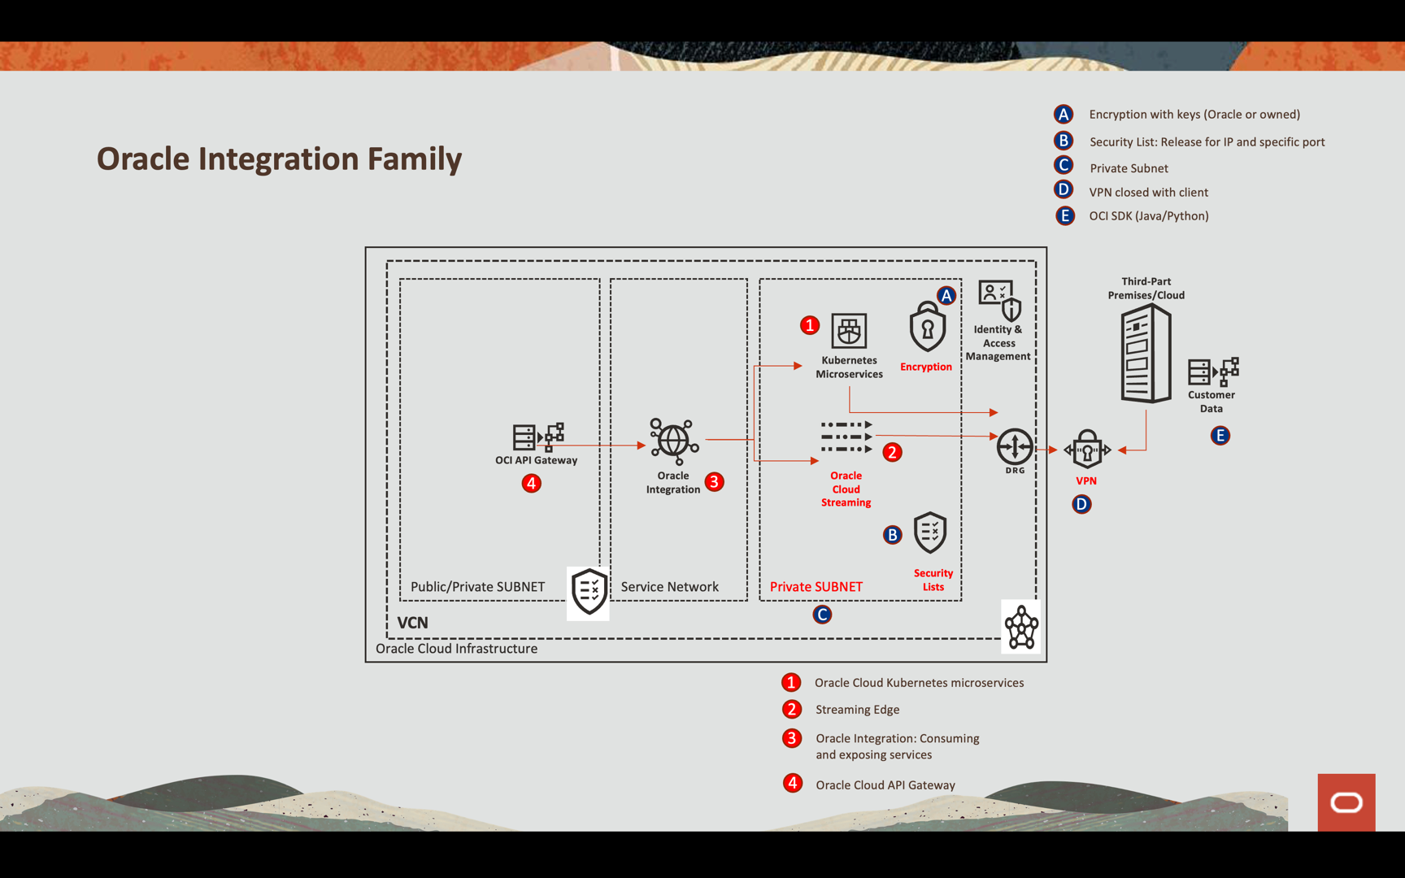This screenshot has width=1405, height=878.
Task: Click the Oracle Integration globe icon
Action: [673, 441]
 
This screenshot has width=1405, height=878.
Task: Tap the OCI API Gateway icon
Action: [537, 437]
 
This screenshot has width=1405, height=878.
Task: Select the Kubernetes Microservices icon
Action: [849, 331]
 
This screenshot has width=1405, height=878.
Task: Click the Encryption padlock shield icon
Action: [927, 328]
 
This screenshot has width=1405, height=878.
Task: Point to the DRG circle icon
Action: [1015, 446]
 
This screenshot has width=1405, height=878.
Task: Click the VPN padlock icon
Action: [1087, 450]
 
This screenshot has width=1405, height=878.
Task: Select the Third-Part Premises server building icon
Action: [1146, 354]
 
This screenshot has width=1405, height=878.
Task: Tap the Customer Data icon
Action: [1213, 372]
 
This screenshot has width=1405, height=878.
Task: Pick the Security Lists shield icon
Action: [930, 533]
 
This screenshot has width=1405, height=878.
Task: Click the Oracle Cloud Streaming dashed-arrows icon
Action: [846, 437]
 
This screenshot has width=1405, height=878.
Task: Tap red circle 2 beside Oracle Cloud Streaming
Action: [892, 452]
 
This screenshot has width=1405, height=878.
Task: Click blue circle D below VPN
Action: [1081, 505]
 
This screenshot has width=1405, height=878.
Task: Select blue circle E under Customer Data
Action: [1220, 436]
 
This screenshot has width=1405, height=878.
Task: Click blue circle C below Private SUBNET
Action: [822, 615]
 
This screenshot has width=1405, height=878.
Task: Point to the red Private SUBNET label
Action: [816, 587]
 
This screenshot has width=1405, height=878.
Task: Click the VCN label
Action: [412, 623]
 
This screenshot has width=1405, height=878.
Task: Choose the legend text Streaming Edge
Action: [857, 710]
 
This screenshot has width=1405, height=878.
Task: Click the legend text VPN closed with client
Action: [1148, 193]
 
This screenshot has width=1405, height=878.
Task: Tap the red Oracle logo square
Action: [1346, 802]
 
